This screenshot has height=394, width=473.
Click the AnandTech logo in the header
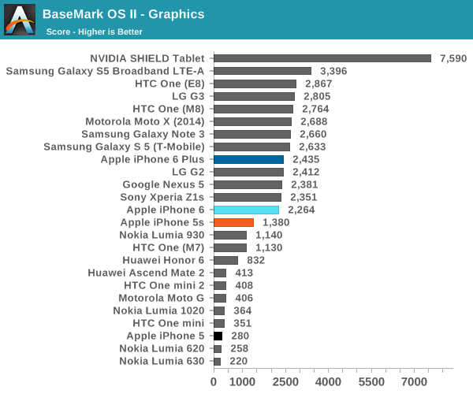coord(20,20)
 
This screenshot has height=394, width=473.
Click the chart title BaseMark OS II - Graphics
coord(123,14)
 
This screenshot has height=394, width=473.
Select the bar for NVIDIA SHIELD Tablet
coord(322,58)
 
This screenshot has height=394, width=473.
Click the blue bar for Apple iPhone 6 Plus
coord(248,159)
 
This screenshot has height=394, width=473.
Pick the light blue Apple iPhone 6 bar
coord(246,210)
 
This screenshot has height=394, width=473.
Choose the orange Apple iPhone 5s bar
coord(233,222)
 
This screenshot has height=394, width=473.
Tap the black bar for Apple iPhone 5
coord(218,336)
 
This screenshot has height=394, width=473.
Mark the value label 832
coord(256,260)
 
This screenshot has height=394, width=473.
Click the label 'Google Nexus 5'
coord(163,184)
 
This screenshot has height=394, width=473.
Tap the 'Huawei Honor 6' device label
coord(163,260)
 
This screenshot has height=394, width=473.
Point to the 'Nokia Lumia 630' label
coord(162,361)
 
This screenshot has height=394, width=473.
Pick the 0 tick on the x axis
coord(214,381)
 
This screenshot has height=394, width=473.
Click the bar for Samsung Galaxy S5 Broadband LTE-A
coord(263,71)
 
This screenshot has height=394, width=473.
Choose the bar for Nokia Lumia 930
coord(230,235)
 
